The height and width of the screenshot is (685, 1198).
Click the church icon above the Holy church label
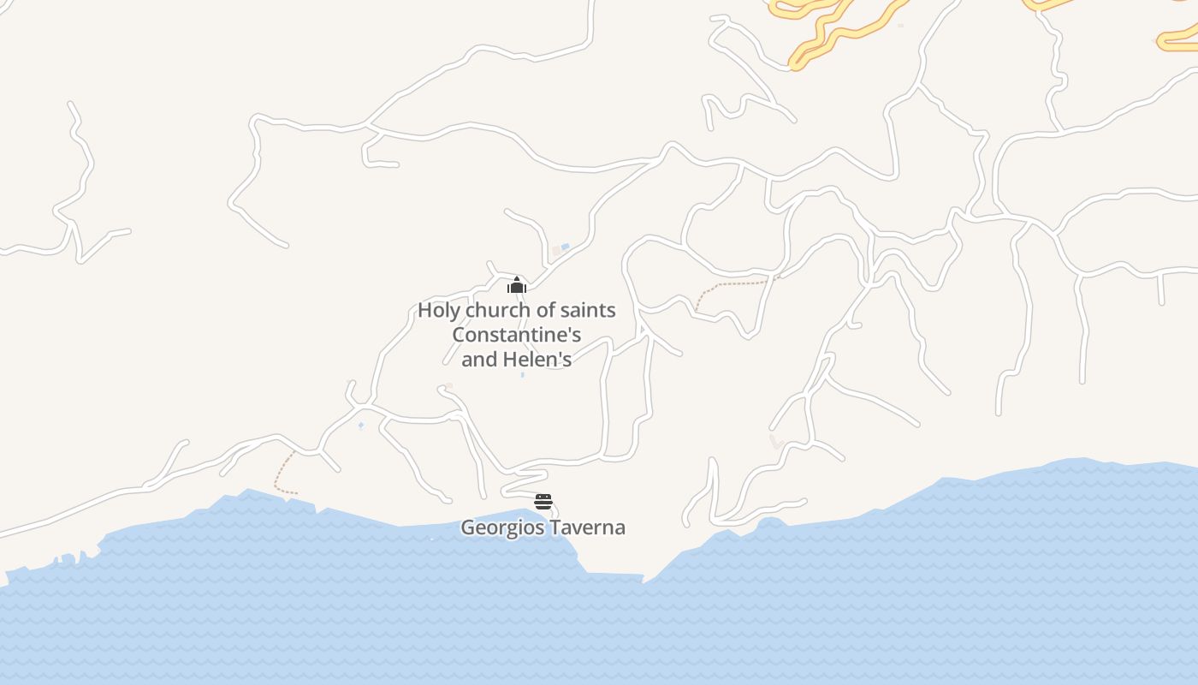516,285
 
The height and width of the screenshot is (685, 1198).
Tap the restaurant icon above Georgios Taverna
543,502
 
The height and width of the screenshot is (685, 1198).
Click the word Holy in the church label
438,311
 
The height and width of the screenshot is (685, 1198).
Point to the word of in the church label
544,311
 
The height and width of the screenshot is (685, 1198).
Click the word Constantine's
517,335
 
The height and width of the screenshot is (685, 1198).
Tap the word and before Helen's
479,360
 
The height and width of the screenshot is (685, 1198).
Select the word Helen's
537,360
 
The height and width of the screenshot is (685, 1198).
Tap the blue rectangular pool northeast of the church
565,247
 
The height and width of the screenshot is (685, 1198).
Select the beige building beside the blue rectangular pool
556,251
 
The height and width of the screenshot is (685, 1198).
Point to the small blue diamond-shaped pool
361,425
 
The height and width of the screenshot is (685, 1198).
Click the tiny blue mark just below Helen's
522,375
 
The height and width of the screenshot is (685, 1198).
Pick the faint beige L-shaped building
776,442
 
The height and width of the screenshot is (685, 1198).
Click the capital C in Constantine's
459,335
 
